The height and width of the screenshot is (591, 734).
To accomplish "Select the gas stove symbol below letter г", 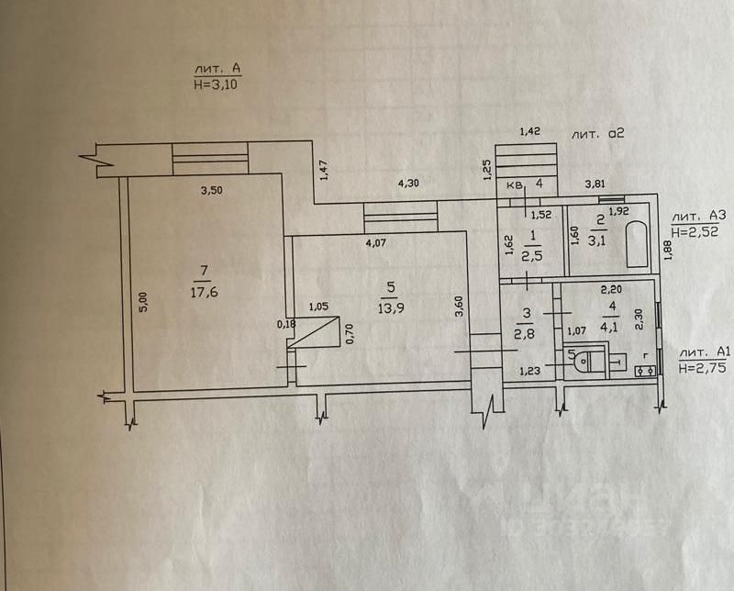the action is point(645,371).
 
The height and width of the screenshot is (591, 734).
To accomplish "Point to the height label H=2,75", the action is point(704,367).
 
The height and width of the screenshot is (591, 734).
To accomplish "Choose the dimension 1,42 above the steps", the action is point(529,133).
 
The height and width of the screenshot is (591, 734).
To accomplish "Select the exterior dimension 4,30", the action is point(408,184).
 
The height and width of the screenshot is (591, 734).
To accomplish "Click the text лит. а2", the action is point(597,134).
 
